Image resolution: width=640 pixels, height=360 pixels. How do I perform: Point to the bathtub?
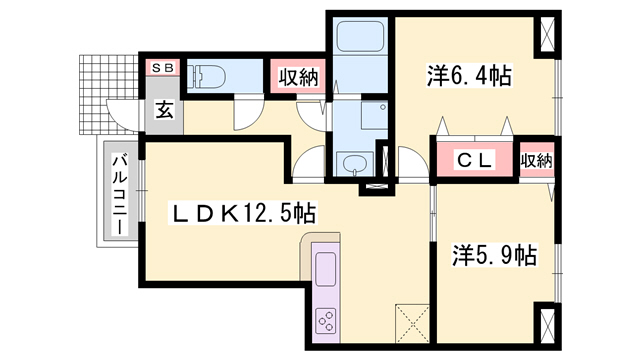click(358, 41)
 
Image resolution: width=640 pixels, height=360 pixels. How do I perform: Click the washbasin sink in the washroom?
click(353, 163)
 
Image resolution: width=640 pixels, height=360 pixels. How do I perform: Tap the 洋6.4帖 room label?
click(468, 75)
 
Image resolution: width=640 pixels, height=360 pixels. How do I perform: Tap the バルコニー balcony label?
click(118, 195)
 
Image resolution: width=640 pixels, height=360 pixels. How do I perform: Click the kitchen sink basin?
click(327, 270)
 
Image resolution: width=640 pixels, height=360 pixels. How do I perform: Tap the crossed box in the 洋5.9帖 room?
click(547, 327)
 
